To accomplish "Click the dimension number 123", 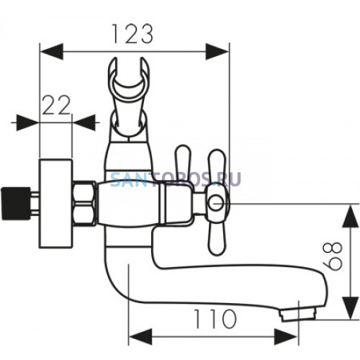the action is tap(132, 34).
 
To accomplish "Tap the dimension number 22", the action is tap(56, 105).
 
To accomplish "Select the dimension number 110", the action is tap(215, 319).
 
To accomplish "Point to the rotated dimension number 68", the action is tap(333, 256).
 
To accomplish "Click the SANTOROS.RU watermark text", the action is tap(176, 179).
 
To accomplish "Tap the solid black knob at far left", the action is tap(16, 204).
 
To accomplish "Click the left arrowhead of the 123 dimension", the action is tap(51, 51).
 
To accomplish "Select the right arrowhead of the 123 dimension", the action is tap(217, 51).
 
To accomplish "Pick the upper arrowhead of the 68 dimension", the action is tap(351, 216).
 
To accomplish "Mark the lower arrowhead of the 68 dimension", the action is tap(351, 307).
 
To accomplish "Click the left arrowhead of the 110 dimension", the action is tap(140, 337).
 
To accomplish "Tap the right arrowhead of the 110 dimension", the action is tap(286, 337).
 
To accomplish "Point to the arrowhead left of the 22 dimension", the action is tap(27, 122).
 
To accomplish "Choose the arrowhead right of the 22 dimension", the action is tap(84, 122).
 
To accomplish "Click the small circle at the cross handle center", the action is tap(216, 204).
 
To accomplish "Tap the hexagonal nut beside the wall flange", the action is tap(84, 203).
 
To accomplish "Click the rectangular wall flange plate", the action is tap(55, 203).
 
